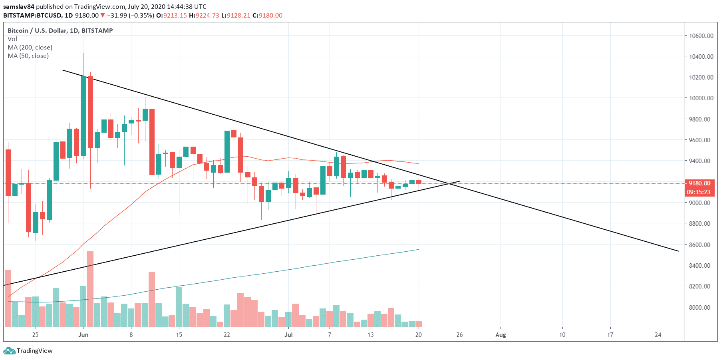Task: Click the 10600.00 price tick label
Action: point(701,36)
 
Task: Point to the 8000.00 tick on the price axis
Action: point(701,307)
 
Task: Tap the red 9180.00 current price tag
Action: point(699,183)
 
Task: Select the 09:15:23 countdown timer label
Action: point(699,192)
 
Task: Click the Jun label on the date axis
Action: point(83,335)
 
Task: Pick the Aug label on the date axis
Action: point(501,335)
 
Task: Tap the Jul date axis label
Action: point(288,335)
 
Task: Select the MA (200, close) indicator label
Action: point(30,47)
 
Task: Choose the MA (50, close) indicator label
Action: point(28,56)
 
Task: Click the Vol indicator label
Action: point(12,39)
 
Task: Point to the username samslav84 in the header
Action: point(19,6)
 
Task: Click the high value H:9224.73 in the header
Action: point(204,16)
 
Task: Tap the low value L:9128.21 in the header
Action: point(236,16)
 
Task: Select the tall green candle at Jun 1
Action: point(83,116)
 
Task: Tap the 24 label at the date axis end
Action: point(658,335)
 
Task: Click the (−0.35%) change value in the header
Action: point(141,16)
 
